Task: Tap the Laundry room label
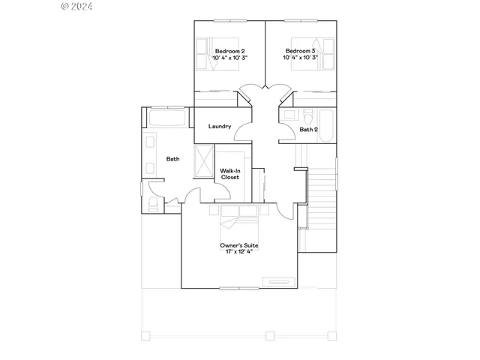pos(220,126)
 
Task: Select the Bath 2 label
pos(309,129)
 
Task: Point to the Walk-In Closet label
pos(229,174)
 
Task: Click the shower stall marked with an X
pos(204,161)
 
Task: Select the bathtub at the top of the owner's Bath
pos(169,118)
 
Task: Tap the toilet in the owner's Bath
pos(153,204)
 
